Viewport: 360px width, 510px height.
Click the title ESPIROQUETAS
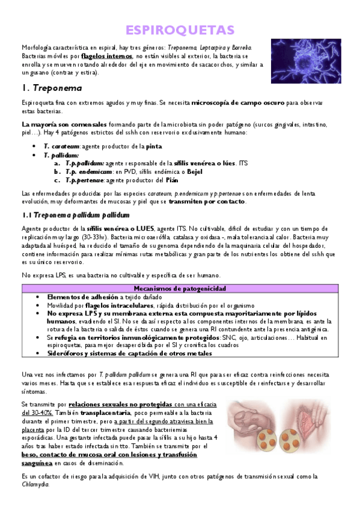180,30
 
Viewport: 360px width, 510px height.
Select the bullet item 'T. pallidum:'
61,155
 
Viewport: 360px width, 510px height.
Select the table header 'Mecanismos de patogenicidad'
180,289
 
